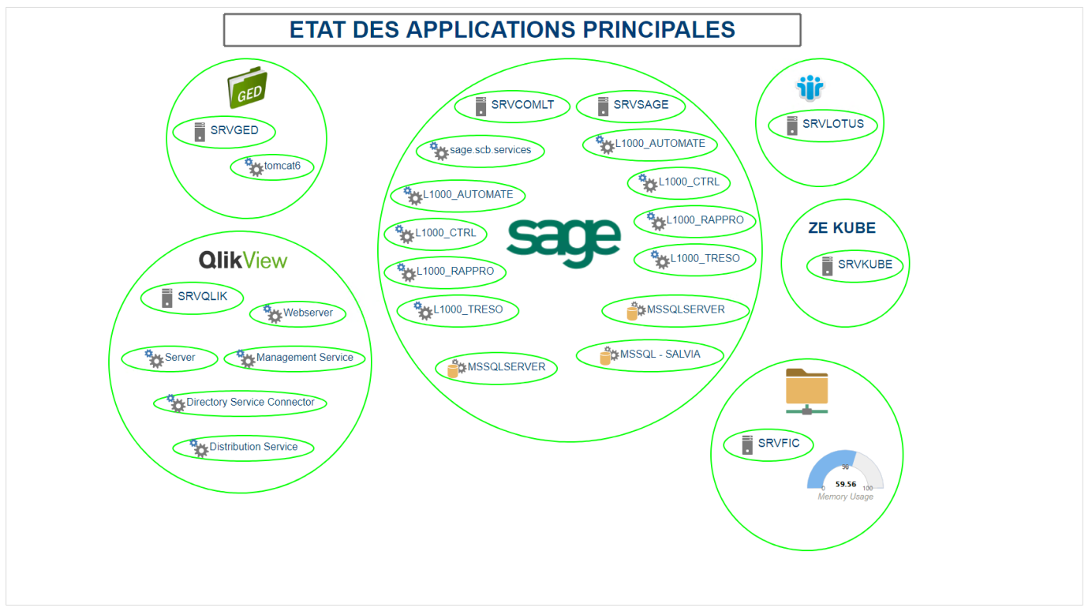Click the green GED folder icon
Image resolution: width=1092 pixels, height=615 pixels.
click(247, 88)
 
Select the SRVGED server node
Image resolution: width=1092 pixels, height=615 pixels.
click(226, 131)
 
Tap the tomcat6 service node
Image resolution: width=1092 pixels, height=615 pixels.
click(272, 167)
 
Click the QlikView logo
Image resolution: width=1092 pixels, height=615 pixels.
click(243, 261)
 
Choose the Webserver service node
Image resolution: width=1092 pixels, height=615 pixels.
click(297, 313)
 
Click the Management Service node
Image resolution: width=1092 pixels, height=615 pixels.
click(295, 358)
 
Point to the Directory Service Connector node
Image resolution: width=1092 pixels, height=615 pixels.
click(240, 403)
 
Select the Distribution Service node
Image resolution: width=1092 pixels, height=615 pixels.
click(243, 448)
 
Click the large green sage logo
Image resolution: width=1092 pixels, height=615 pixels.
click(563, 242)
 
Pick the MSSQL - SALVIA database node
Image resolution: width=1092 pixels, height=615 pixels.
click(649, 355)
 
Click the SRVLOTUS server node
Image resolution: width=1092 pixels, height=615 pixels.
click(824, 125)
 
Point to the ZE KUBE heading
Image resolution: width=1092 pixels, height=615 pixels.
click(842, 228)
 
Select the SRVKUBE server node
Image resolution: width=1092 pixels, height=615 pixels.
click(856, 265)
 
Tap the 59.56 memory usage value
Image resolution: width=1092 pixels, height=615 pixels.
click(846, 484)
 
